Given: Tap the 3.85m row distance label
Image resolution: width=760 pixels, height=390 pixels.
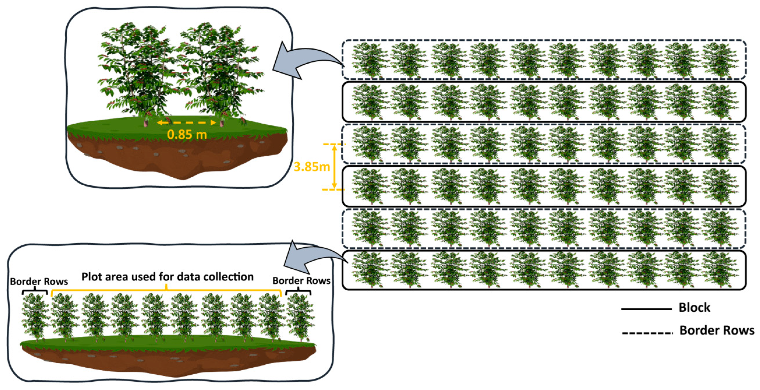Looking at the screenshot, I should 311,167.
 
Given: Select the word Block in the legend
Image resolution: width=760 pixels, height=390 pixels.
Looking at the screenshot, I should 694,308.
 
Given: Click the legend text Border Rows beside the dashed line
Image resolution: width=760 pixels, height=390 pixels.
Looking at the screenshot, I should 717,330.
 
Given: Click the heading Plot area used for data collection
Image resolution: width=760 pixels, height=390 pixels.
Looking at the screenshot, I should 167,277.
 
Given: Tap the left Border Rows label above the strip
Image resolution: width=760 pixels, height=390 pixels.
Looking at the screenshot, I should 39,281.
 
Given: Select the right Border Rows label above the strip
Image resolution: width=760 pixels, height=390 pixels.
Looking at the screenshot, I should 301,281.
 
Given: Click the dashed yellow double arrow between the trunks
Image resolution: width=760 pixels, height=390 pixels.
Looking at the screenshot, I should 187,122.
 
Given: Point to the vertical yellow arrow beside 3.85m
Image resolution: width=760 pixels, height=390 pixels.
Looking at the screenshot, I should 334,167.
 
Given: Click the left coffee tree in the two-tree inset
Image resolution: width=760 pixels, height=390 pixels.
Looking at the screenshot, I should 139,71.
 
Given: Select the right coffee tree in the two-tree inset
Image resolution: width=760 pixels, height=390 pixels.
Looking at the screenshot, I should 218,71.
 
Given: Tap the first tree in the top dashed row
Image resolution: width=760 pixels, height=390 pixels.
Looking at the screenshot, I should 370,60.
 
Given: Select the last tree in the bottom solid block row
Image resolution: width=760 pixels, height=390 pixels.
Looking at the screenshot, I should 720,269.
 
